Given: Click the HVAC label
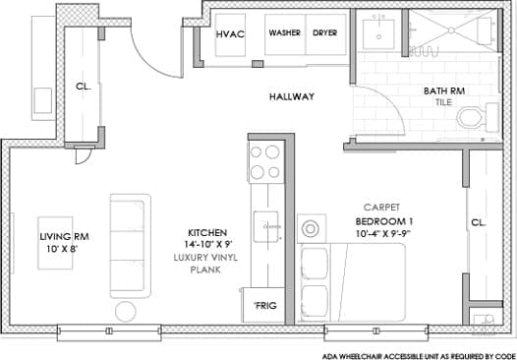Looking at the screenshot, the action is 230,34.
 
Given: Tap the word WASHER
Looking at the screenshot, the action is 285,33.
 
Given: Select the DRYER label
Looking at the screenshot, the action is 325,33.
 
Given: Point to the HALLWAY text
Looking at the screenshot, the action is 292,96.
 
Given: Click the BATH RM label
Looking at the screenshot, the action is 444,91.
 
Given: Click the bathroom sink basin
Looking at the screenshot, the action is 378,34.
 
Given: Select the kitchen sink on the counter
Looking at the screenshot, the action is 266,226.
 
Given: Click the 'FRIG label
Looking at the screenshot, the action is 265,306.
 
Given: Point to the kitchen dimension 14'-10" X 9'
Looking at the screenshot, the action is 208,245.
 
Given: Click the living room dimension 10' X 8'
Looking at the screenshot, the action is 62,249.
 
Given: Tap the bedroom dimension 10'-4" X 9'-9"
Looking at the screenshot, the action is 384,233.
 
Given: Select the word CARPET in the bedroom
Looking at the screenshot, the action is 381,208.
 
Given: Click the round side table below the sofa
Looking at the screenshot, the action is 126,311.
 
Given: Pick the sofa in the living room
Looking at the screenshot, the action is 131,246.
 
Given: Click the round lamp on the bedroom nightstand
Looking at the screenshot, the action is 310,228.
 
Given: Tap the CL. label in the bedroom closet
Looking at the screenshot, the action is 479,222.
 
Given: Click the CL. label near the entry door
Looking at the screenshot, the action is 84,87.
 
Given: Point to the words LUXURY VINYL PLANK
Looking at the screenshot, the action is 205,264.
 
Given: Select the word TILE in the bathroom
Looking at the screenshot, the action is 444,102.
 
